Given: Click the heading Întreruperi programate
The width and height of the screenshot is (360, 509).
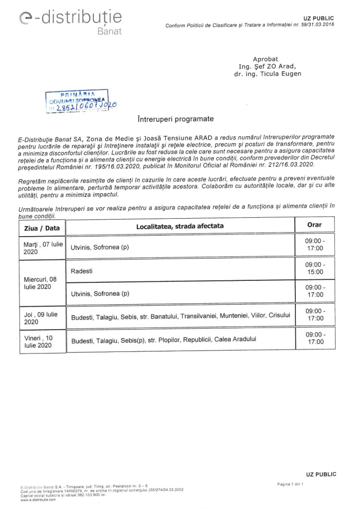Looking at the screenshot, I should click(175, 119).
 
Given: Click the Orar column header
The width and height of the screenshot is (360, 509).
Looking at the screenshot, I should click(314, 225).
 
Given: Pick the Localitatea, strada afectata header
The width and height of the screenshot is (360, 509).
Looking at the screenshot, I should click(180, 226).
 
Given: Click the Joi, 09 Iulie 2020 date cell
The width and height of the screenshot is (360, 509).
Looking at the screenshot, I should click(41, 318).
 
